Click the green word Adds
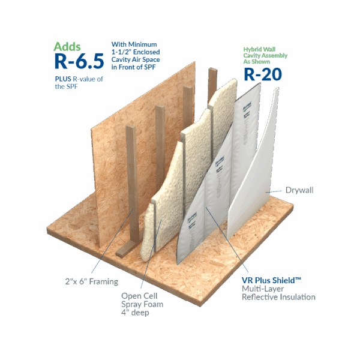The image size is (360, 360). (x=68, y=46)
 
